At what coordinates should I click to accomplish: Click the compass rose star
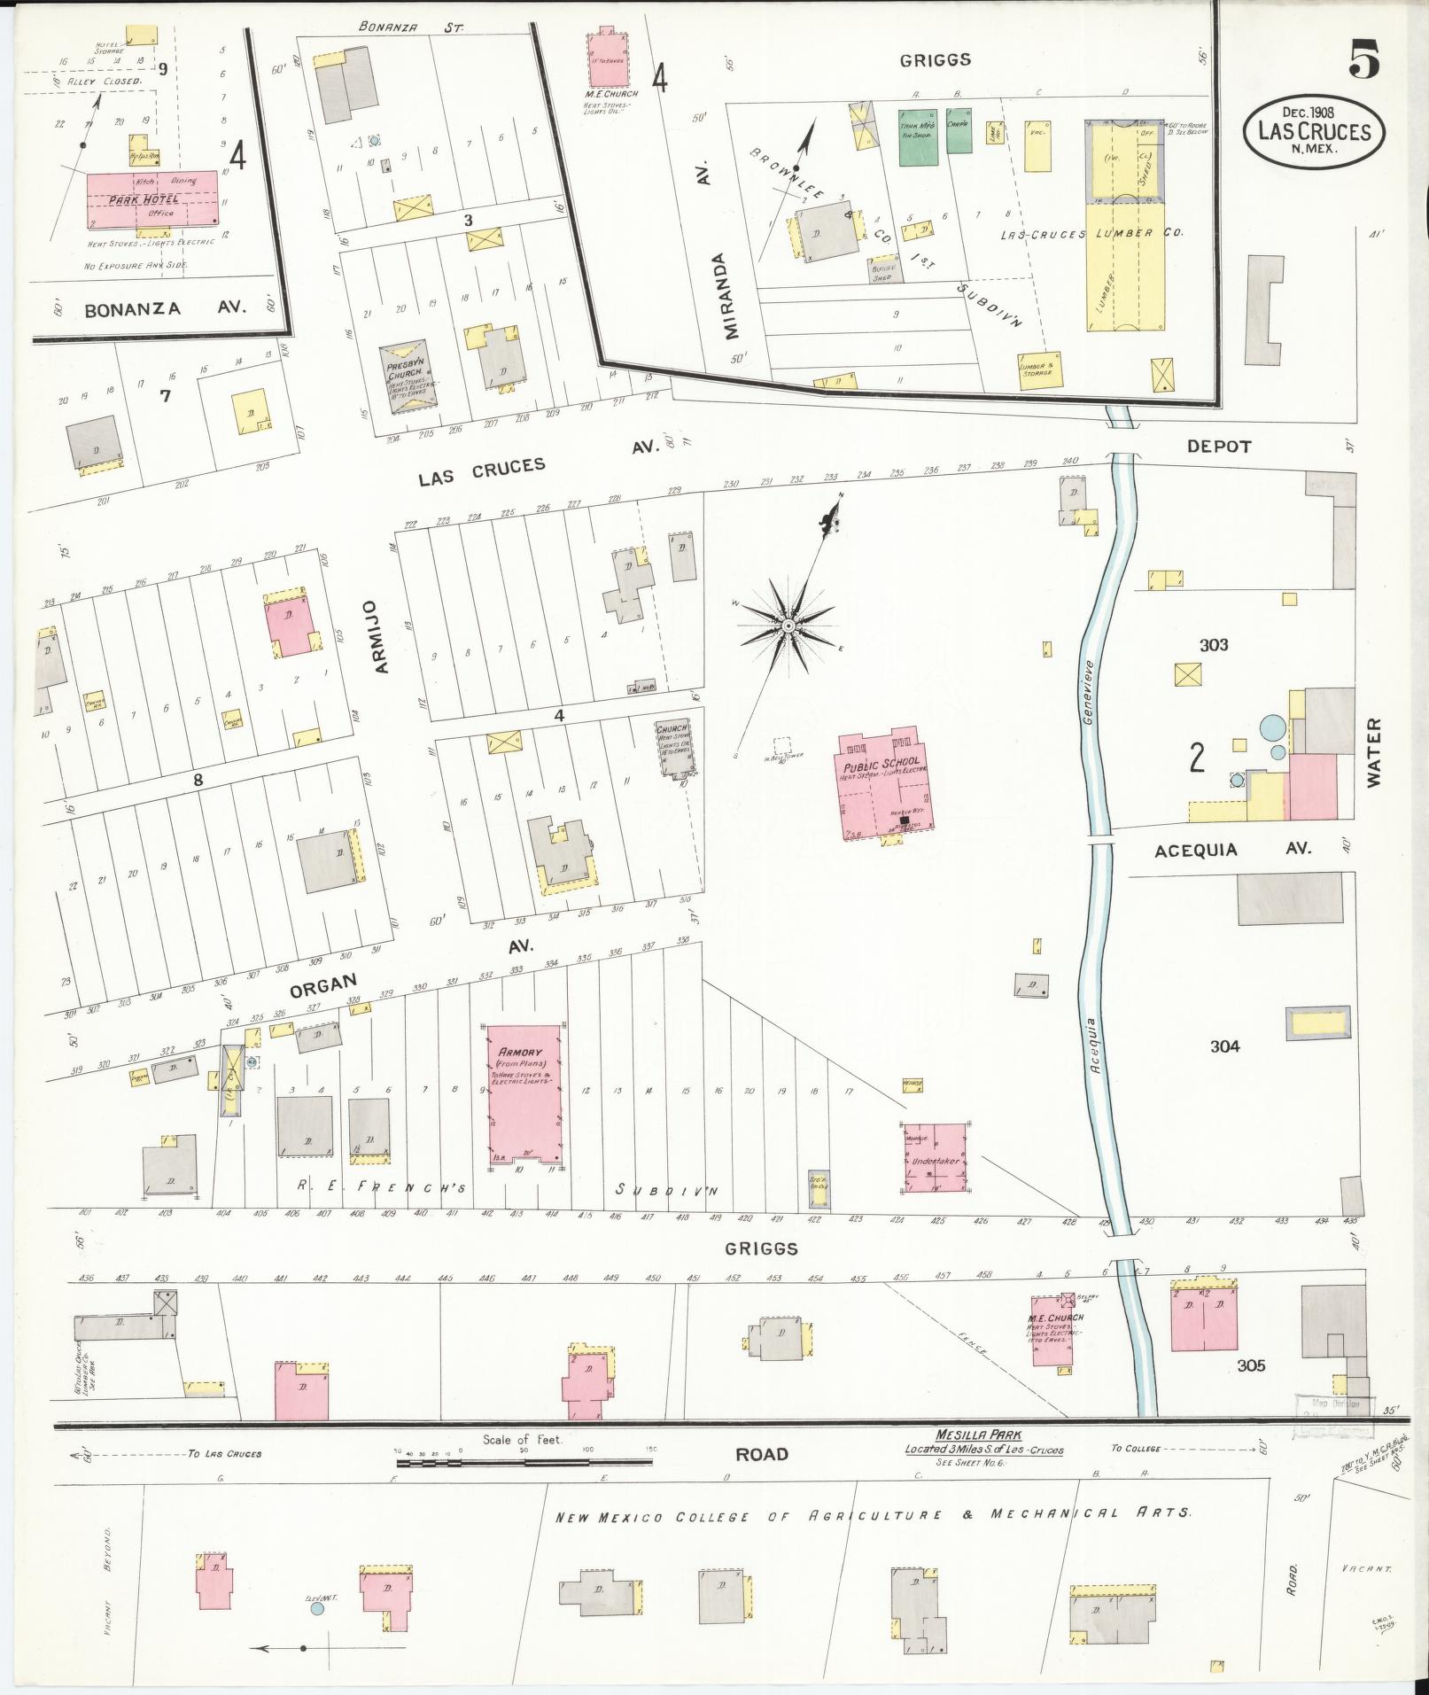pos(788,626)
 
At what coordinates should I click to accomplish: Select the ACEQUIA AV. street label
pos(1232,849)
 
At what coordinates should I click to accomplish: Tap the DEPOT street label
pos(1219,447)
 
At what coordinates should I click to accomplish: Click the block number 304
pos(1224,1046)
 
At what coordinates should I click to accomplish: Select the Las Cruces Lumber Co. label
pos(1091,234)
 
